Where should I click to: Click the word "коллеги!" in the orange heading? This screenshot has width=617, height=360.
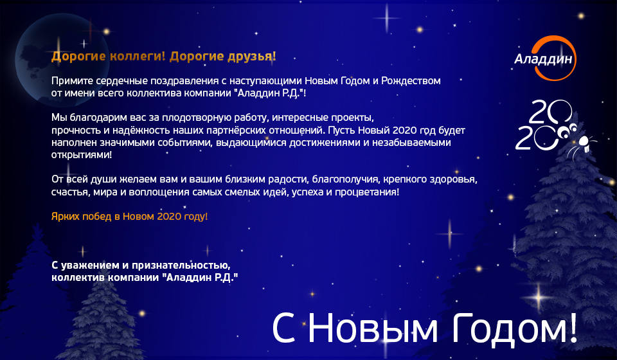pos(137,57)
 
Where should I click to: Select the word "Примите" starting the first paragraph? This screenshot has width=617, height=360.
pos(69,81)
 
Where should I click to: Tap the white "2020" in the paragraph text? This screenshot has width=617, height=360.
pos(404,130)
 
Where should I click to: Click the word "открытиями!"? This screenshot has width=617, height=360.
pos(82,155)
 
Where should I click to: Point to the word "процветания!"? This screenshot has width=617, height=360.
pos(367,192)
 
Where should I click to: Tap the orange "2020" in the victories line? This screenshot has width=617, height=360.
pos(169,217)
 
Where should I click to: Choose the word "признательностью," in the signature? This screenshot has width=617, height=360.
pos(181,265)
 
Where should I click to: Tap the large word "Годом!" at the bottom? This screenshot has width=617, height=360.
pos(514,328)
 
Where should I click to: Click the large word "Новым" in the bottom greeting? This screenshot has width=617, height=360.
pos(372,328)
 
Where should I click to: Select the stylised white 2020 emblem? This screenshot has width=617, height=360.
pos(545,125)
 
